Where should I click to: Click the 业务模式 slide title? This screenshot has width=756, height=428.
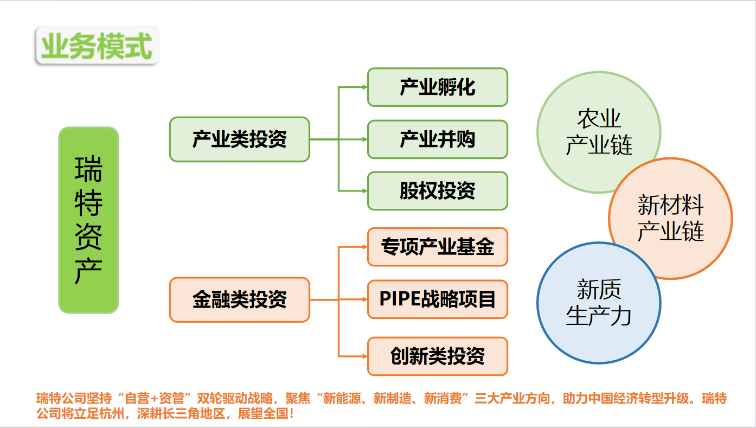[x=97, y=46]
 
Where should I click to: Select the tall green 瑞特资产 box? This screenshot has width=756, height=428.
[x=88, y=220]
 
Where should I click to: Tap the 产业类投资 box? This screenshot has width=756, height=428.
[x=240, y=139]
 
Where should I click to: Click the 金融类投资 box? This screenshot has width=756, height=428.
[x=240, y=299]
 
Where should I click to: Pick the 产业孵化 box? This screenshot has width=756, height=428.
[x=438, y=87]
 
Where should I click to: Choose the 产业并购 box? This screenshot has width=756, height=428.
[x=438, y=139]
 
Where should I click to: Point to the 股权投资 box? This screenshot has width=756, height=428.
[x=438, y=191]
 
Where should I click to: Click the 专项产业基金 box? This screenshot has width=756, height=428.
[x=438, y=247]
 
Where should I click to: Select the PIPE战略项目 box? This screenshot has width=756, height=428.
[x=438, y=299]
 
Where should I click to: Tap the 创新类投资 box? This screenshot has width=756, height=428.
[x=438, y=356]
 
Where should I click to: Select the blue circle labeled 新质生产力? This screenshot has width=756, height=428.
[x=599, y=303]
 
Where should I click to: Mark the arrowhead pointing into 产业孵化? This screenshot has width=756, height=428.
[x=364, y=87]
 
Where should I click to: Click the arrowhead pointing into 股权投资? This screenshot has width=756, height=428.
[x=364, y=191]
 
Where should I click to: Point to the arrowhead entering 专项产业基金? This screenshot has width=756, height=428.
[x=364, y=247]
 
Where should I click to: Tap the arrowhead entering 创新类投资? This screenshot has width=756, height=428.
[x=364, y=356]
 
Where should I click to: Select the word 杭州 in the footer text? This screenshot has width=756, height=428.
[x=112, y=413]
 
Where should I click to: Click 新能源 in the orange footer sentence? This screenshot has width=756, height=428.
[x=342, y=399]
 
